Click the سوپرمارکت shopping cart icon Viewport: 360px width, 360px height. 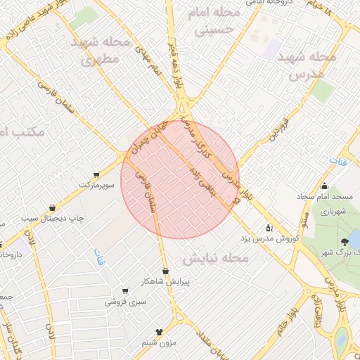[x=96, y=174]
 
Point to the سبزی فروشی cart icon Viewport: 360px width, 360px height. [x=124, y=291]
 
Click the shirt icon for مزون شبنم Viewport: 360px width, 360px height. [x=159, y=332]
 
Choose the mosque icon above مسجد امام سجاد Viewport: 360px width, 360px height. [x=324, y=186]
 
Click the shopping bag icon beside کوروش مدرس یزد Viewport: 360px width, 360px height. [x=269, y=227]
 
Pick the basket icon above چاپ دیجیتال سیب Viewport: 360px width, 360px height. [x=53, y=207]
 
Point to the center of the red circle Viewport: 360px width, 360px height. [x=180, y=179]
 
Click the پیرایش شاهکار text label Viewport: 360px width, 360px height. [x=165, y=282]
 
